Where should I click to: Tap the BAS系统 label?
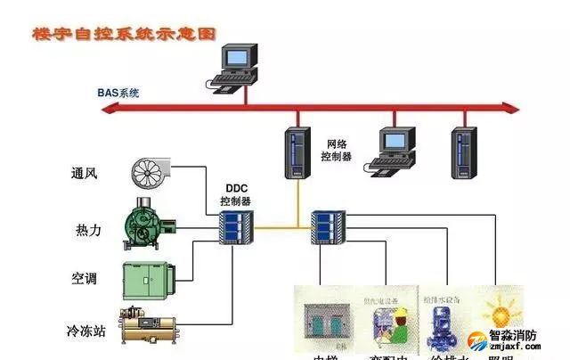(118, 93)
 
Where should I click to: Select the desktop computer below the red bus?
(395, 149)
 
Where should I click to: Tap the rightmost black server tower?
(461, 152)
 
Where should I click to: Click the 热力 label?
(88, 230)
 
